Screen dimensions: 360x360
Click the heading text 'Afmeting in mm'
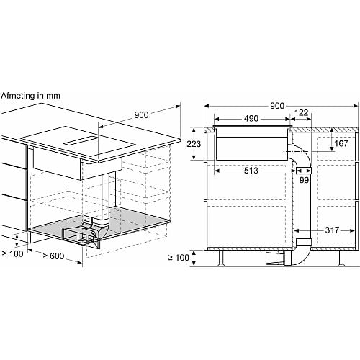click(30, 96)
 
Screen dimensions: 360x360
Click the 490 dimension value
click(251, 119)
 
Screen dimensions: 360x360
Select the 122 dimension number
click(301, 113)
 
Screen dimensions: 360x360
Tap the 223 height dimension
click(194, 144)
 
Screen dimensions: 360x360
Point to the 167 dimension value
click(341, 143)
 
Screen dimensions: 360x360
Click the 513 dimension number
click(251, 171)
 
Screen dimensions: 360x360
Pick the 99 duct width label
click(304, 180)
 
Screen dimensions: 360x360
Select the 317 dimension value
click(332, 230)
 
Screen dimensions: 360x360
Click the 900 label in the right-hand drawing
click(277, 106)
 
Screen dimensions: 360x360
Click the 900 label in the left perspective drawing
click(141, 115)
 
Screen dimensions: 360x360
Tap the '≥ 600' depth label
click(53, 256)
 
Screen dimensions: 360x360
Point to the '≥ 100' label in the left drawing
click(12, 254)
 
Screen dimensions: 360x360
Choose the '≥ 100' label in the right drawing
click(179, 258)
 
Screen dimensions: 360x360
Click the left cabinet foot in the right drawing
click(221, 258)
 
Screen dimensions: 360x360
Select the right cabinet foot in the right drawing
click(342, 258)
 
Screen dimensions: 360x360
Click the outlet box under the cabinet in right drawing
click(275, 258)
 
